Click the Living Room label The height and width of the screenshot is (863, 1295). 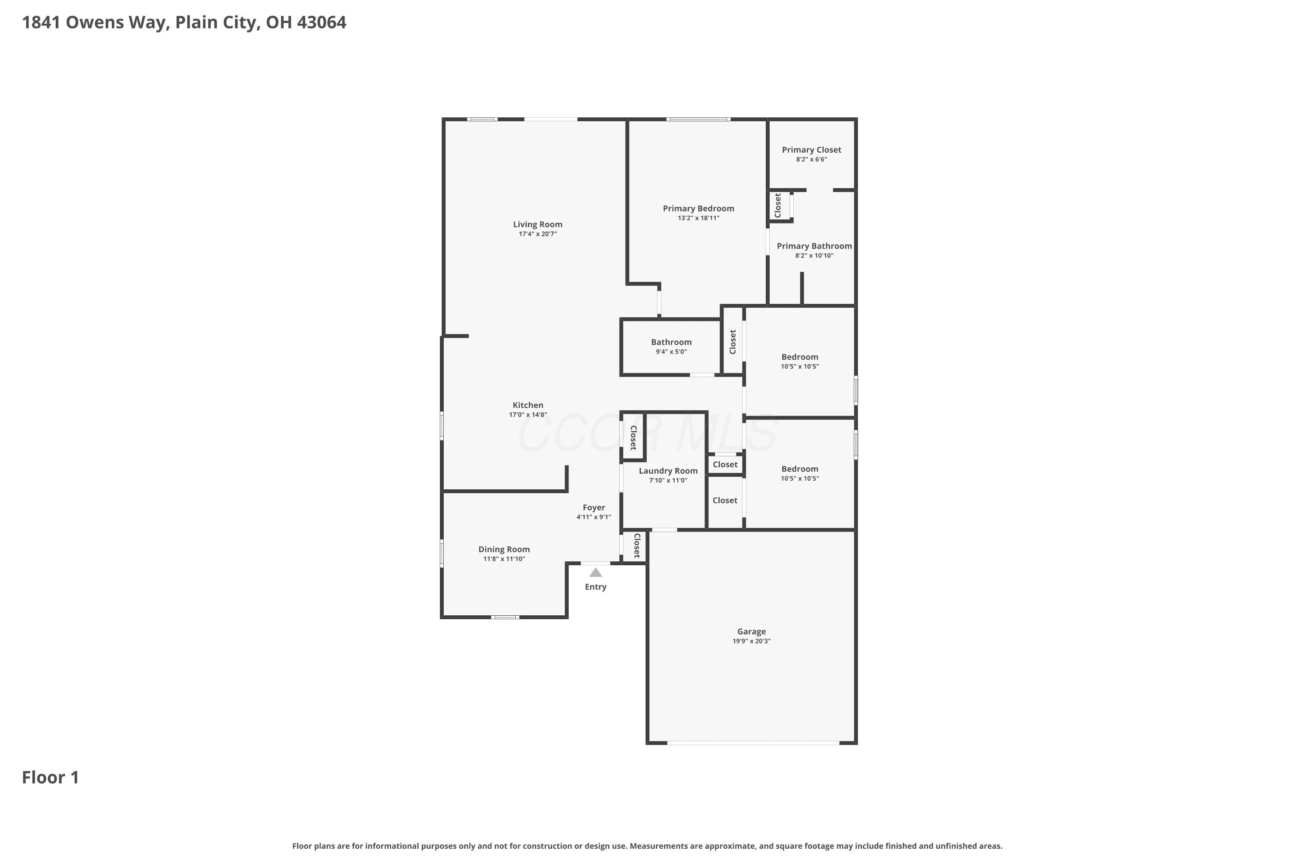coord(537,224)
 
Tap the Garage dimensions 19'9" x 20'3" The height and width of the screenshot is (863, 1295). coord(752,641)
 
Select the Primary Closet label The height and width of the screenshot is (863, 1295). coord(812,150)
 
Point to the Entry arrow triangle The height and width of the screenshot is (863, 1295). coord(596,573)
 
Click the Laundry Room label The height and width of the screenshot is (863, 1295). coord(668,471)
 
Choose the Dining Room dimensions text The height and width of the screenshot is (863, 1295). coord(504,559)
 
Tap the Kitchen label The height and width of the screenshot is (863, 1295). coord(528,405)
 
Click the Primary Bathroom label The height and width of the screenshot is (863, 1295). coord(814,246)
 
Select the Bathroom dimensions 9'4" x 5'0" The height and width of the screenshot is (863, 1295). coord(671,352)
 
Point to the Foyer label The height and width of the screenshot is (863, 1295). coord(594,507)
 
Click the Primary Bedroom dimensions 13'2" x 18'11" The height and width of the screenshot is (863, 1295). coord(698,218)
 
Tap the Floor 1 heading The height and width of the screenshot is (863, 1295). coord(51,777)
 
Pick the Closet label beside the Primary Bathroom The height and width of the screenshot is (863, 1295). coord(777,205)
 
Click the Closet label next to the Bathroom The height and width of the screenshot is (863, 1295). coord(732,342)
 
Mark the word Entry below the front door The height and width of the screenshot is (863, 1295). coord(596,587)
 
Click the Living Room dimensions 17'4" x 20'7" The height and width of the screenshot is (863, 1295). coord(537,234)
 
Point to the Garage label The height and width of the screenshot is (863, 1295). coord(752,631)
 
